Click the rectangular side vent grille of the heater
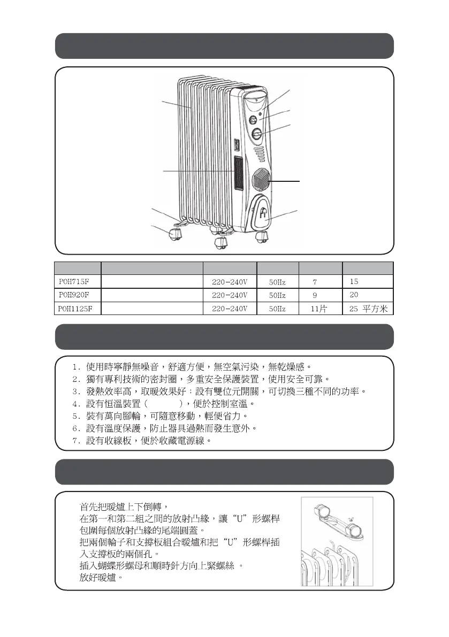point(237,174)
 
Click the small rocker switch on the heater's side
point(235,145)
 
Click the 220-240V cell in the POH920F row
point(230,295)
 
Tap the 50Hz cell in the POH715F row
point(277,281)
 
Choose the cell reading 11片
point(319,309)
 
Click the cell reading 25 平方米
point(368,309)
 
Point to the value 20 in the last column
point(353,295)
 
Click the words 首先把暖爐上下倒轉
point(123,506)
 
